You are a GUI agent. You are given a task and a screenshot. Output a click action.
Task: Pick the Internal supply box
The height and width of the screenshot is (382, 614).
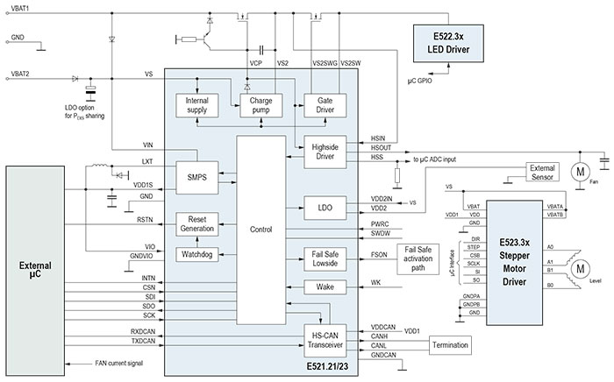197,107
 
